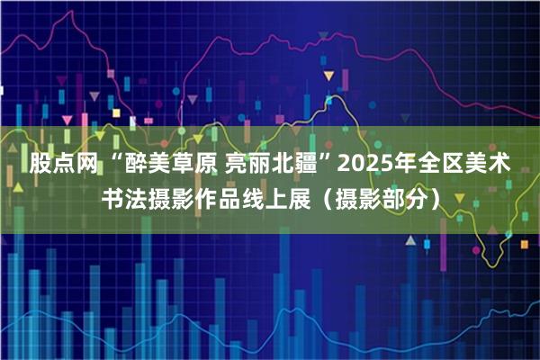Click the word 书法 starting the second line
[122, 199]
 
